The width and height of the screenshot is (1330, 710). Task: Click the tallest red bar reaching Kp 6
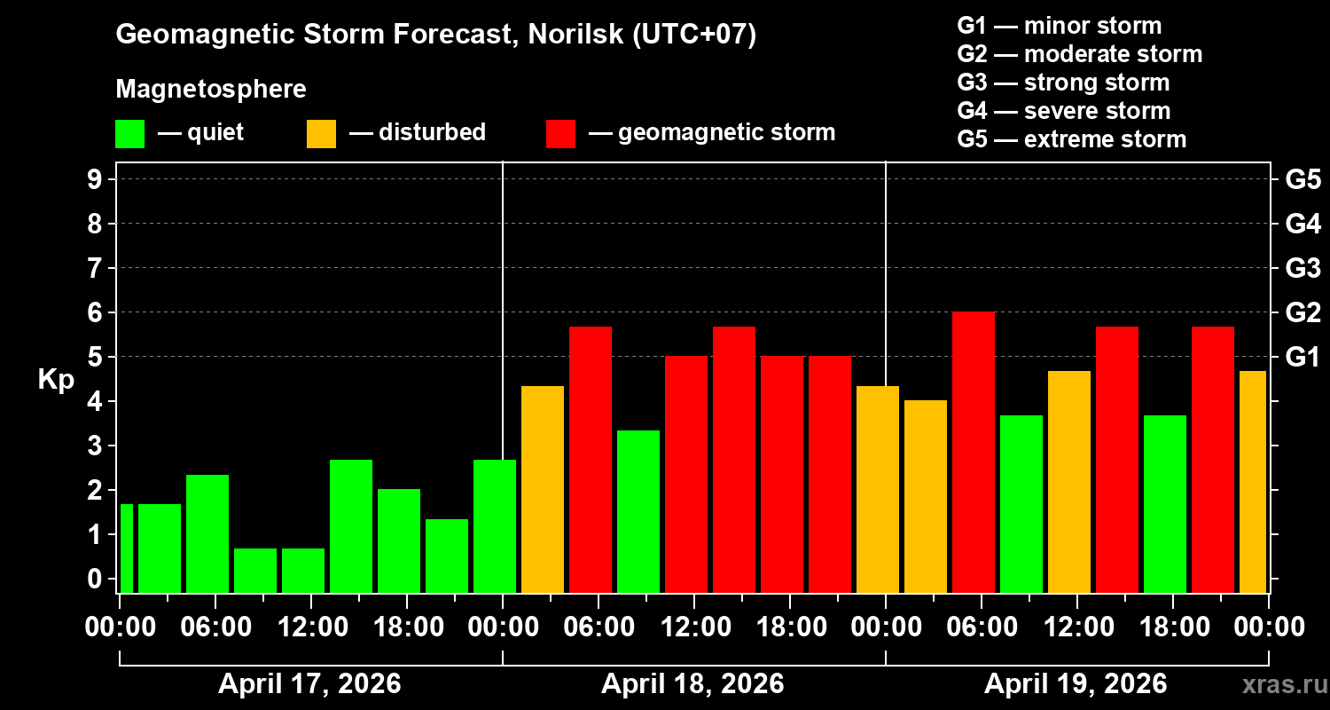[x=974, y=453]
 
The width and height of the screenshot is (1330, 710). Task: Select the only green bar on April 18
[x=638, y=511]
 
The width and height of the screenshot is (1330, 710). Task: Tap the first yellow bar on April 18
[x=543, y=489]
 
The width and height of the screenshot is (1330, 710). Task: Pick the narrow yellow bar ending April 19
[x=1253, y=482]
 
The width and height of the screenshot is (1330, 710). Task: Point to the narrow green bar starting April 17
[x=127, y=548]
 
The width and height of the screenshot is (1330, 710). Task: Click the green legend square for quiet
[x=130, y=134]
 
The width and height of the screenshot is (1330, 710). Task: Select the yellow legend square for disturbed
[x=322, y=134]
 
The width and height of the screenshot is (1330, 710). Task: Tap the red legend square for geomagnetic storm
[x=561, y=134]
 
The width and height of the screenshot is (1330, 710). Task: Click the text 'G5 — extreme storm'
[x=1071, y=139]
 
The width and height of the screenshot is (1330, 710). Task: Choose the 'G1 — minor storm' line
[x=1059, y=26]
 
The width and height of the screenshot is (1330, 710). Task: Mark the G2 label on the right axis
[x=1303, y=312]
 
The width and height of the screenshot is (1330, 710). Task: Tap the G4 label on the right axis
[x=1303, y=224]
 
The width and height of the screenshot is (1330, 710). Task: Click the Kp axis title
[x=56, y=380]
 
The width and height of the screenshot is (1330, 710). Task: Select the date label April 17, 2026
[x=309, y=684]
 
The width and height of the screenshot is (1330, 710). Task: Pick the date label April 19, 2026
[x=1076, y=684]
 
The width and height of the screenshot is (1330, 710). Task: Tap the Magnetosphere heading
[x=211, y=90]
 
